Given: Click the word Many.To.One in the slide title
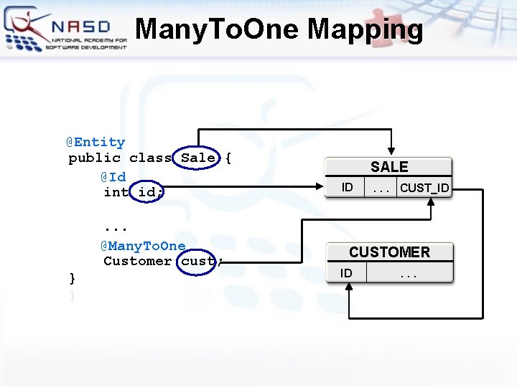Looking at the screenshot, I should click(218, 29).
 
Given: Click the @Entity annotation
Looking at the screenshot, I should click(96, 142).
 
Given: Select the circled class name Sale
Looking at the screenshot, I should click(198, 158).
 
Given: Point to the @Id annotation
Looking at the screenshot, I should click(113, 176).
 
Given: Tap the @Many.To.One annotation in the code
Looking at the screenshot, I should click(143, 246).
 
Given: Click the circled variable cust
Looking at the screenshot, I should click(198, 261).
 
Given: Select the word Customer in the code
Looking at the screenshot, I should click(137, 261).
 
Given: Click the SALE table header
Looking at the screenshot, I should click(389, 167).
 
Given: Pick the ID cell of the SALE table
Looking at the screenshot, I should click(348, 187).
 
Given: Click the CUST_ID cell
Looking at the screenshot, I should click(424, 188).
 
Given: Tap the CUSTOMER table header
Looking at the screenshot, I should click(389, 252).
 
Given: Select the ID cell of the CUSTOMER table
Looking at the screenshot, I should click(346, 273).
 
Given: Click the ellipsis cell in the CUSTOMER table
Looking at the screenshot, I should click(410, 273).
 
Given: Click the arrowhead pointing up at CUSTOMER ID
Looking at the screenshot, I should click(348, 287).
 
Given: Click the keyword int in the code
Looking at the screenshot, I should click(116, 192).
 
